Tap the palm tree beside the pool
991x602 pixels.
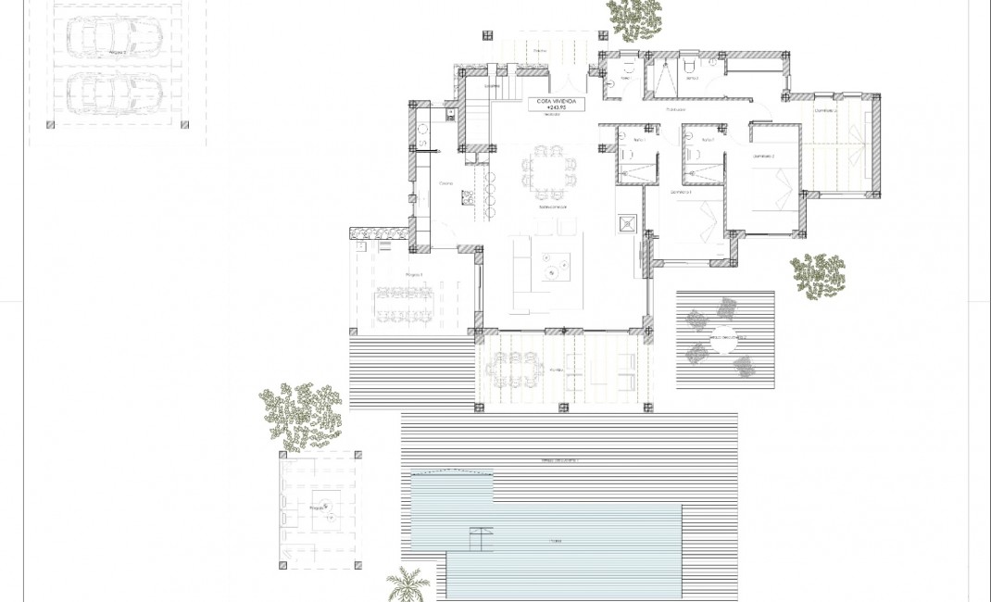408,583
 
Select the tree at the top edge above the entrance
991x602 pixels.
635,19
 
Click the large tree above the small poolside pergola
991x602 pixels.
300,413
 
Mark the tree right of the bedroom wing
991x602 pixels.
817,275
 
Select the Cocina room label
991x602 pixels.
445,183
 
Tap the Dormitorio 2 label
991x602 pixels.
763,156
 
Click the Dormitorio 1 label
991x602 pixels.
682,192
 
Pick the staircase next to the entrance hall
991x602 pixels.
477,118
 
